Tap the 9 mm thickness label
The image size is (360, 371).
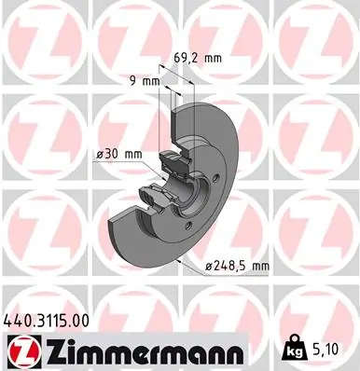[x=143, y=81]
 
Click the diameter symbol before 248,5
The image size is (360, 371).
[x=209, y=267]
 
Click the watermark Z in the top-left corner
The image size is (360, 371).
[x=43, y=42]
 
